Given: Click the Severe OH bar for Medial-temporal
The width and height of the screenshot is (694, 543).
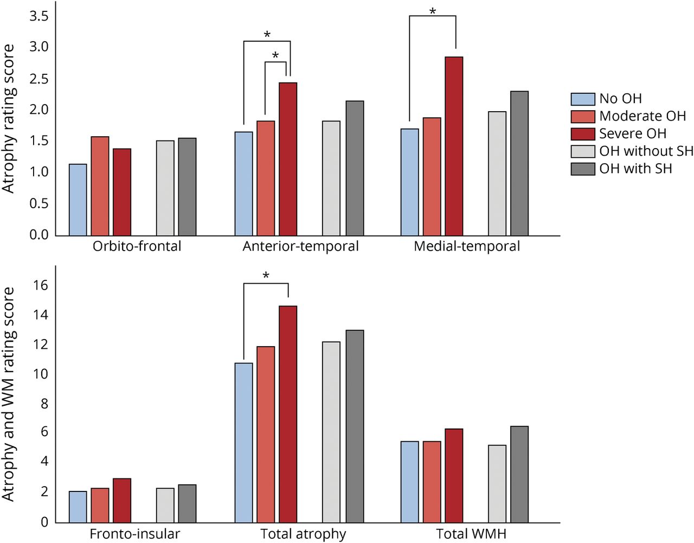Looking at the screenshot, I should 454,146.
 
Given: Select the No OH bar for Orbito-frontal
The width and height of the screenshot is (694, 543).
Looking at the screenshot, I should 78,200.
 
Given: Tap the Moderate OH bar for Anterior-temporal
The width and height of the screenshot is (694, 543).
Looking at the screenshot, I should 266,178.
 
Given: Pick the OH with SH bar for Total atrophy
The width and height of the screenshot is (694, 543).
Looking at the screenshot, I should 355,426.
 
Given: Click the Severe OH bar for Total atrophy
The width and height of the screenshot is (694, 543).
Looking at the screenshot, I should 288,414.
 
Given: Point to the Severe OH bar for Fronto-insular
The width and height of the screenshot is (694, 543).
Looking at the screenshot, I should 122,501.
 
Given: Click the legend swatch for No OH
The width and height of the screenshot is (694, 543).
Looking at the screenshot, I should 583,99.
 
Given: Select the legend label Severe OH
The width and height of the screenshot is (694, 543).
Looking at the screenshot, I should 632,133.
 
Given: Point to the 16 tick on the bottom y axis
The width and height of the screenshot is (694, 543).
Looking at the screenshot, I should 41,285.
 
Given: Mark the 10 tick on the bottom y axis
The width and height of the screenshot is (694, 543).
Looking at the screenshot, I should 41,374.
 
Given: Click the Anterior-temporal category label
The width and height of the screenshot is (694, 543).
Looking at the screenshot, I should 300,246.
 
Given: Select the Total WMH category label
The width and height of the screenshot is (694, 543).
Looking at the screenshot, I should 471,534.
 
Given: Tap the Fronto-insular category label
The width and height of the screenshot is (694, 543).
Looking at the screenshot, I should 134,534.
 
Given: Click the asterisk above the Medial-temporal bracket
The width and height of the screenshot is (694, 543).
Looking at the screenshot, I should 432,11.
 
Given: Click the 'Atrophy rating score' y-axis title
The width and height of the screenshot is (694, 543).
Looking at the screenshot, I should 8,119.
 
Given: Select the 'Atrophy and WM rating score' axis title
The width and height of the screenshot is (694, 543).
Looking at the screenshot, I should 8,394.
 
